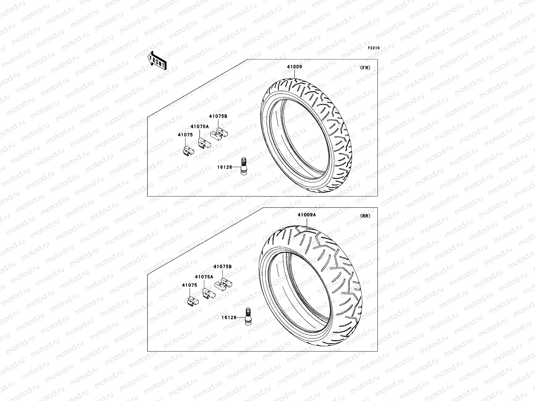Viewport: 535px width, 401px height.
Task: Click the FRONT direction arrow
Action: click(157, 60)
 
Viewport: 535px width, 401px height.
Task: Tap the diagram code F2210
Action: click(374, 48)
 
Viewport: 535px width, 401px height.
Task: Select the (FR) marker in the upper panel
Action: click(365, 68)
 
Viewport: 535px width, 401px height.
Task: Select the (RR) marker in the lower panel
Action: click(365, 216)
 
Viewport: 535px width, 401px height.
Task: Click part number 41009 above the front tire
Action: click(294, 66)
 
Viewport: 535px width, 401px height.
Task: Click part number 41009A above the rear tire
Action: click(307, 215)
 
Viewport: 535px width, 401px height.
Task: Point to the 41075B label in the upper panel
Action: click(218, 116)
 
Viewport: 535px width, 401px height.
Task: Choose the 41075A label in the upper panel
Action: click(200, 127)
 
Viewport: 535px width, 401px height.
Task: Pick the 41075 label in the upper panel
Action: click(185, 135)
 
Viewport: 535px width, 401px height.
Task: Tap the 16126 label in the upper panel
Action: click(225, 167)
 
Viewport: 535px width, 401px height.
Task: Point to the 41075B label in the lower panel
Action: click(222, 267)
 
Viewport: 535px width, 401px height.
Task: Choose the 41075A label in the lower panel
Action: click(204, 277)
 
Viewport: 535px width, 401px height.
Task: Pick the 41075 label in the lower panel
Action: click(190, 285)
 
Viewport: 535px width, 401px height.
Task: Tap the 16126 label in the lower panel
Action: click(229, 317)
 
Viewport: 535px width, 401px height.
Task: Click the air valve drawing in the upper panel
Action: click(244, 167)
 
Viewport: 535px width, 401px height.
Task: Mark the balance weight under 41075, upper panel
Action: click(188, 151)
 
